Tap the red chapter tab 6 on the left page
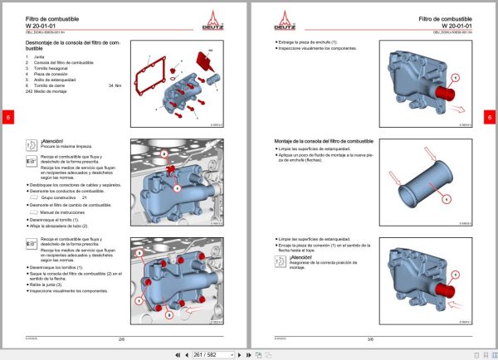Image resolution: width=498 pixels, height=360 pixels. coord(7,117)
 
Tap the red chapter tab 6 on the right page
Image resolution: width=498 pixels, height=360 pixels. coord(490,117)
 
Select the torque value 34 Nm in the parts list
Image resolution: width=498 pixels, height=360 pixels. coord(115,85)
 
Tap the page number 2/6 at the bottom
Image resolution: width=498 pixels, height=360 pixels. coord(122,338)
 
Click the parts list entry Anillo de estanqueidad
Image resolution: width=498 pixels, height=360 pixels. coord(56,79)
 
